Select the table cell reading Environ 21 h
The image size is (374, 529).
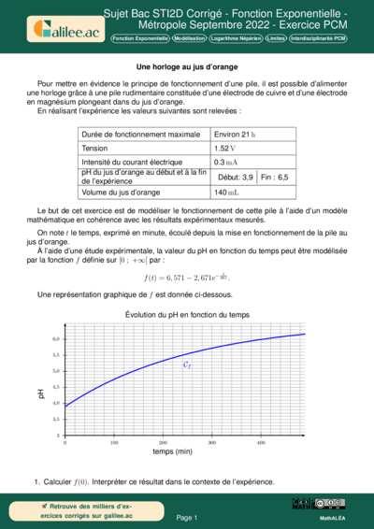click(236, 134)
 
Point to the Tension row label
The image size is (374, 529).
click(95, 148)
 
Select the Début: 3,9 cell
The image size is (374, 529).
click(235, 177)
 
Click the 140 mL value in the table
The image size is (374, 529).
click(226, 192)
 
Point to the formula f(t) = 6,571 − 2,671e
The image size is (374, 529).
click(186, 277)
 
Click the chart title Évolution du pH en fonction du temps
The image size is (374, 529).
click(186, 316)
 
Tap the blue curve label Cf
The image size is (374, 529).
click(187, 366)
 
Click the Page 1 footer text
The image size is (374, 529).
click(186, 517)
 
